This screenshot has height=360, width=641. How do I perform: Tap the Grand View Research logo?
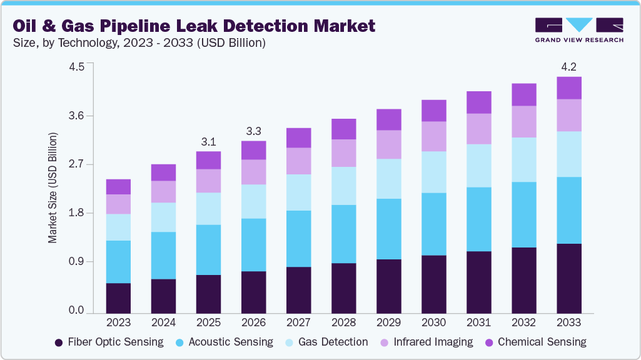coord(578,29)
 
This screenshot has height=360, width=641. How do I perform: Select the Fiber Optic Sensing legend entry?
coord(109,342)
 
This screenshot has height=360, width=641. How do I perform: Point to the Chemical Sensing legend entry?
coord(535,342)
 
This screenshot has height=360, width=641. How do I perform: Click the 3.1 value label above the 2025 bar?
coord(209,142)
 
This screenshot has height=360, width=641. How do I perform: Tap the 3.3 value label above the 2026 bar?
coord(254,131)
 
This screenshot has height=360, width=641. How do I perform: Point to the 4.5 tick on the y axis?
coord(76,67)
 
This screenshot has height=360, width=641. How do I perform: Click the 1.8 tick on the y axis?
coord(76,213)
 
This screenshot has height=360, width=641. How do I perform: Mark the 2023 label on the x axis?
coord(118,322)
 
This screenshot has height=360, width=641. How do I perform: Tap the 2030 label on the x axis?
coord(433,322)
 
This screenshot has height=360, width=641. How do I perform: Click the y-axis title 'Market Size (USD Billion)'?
coord(53,187)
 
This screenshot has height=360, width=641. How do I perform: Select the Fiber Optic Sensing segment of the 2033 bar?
coord(569,278)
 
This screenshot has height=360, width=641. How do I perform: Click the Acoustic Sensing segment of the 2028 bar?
coord(343,234)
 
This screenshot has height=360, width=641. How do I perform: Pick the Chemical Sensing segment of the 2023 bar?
coord(118,186)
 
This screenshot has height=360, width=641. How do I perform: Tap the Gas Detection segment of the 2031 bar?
coord(478,166)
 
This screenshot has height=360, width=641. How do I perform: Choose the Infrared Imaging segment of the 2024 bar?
coord(164,191)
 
